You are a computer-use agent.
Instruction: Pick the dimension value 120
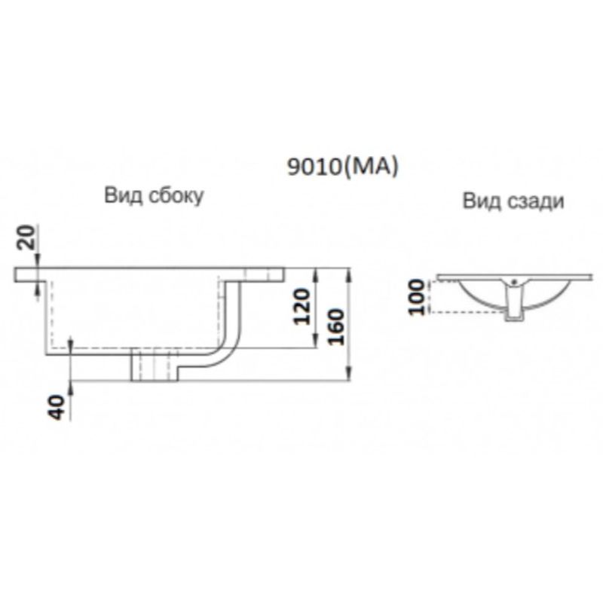tap(303, 305)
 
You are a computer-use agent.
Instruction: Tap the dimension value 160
tap(337, 325)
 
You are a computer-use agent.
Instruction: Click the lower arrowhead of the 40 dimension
tap(70, 386)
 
